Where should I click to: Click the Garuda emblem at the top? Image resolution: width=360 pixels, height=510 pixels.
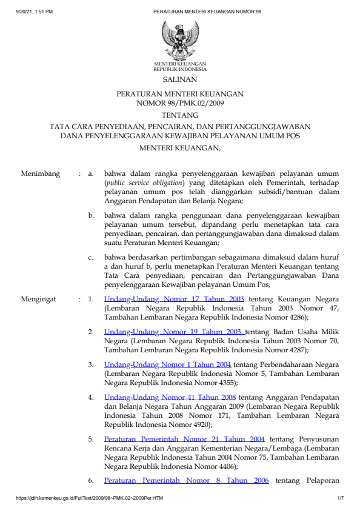click(179, 39)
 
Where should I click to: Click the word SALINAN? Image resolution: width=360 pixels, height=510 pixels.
click(179, 79)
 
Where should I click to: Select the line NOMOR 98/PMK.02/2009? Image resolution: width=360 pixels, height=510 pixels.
click(180, 103)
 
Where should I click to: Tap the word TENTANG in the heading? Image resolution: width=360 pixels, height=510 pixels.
click(180, 115)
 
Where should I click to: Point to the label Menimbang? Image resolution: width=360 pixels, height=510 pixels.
click(41, 174)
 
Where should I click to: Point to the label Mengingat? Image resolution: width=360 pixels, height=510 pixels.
click(40, 299)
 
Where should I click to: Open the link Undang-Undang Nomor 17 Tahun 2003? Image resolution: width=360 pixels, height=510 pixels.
click(174, 299)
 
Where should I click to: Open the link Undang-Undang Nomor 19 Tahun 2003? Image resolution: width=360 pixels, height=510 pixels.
click(175, 332)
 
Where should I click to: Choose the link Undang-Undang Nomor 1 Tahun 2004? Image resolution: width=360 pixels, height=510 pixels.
click(167, 364)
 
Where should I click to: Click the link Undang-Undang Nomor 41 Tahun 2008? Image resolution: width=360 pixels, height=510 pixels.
click(170, 397)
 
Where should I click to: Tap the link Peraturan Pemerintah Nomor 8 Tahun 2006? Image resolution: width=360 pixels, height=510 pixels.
click(186, 481)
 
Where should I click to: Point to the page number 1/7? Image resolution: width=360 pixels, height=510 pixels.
click(340, 498)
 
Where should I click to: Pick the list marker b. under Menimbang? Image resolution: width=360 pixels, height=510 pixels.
click(91, 215)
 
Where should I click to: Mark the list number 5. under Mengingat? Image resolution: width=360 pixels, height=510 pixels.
click(91, 438)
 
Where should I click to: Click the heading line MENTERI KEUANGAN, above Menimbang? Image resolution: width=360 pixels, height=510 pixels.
click(180, 147)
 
